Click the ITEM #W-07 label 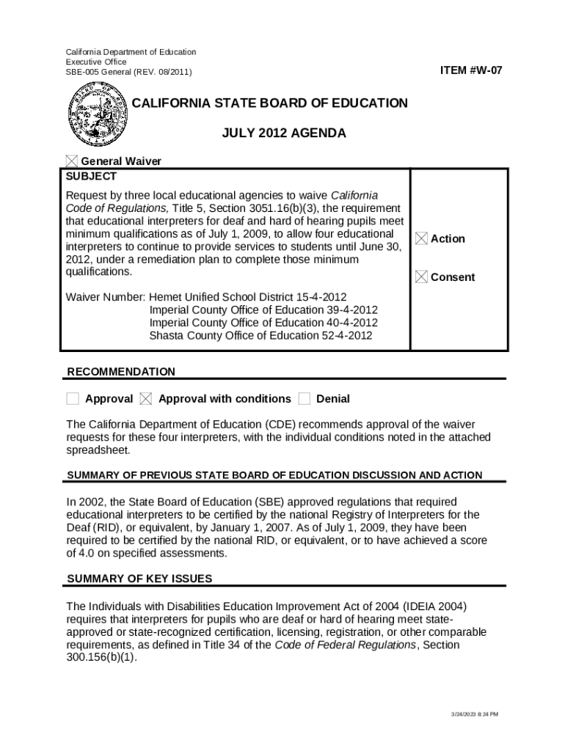471,70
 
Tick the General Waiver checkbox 71,161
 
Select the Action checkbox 421,238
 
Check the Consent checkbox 421,276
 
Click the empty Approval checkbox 73,399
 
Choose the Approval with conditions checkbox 146,399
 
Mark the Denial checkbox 305,399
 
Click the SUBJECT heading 91,177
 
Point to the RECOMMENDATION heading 121,372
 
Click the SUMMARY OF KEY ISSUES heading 139,579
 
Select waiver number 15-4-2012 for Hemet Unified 321,297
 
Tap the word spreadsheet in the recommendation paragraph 98,450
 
